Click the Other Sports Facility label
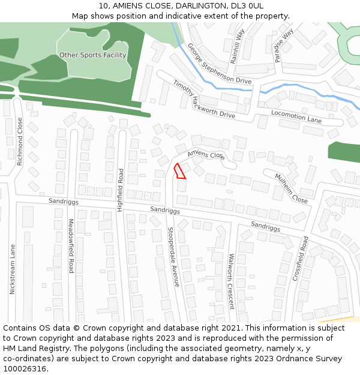pos(92,55)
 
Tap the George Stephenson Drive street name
pos(219,63)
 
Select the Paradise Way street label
pos(283,46)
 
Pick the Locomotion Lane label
pos(296,116)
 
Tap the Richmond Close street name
pos(20,141)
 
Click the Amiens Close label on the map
pos(205,155)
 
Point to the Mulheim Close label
pos(292,188)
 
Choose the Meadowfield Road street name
pos(70,246)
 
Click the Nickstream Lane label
pos(12,268)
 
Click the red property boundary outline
pos(179,172)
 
